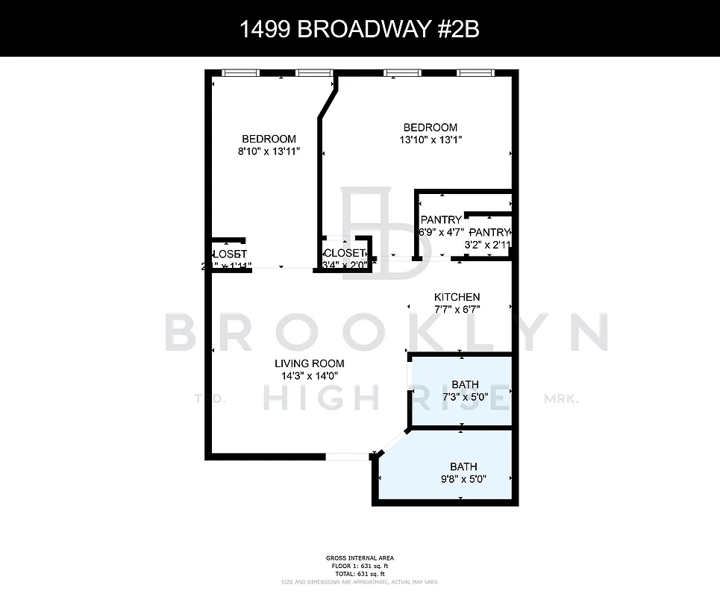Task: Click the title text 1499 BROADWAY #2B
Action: point(360,29)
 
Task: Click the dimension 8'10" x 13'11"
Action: point(269,151)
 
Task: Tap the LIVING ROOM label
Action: point(309,363)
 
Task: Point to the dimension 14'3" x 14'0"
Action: point(309,376)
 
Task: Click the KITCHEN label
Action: point(457,297)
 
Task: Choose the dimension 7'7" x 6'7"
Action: point(457,309)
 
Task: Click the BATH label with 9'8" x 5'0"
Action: point(463,466)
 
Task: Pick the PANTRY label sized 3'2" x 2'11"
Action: point(489,232)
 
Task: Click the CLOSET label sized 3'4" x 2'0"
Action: point(345,253)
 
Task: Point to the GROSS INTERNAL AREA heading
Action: point(360,557)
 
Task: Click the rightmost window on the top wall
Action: point(476,72)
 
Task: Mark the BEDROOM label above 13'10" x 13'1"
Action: point(430,127)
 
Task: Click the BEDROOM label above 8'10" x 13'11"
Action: point(269,139)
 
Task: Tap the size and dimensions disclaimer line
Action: point(360,581)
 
